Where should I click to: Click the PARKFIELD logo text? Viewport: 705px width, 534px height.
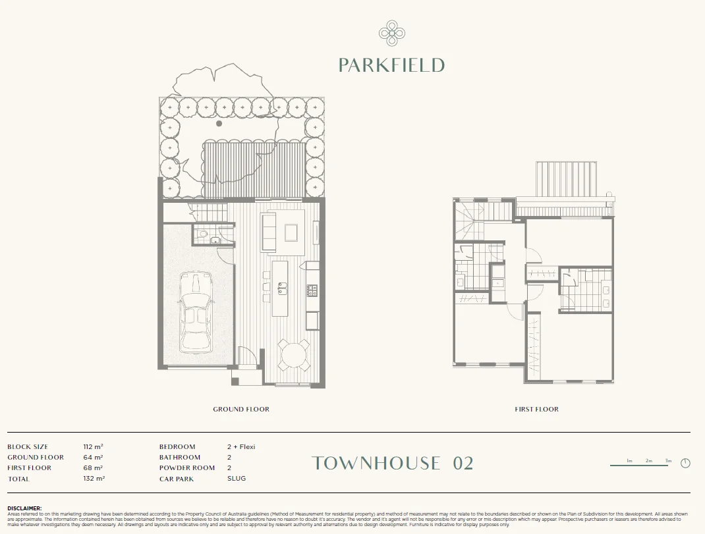point(391,65)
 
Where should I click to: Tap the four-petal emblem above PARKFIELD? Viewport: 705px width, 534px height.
point(391,33)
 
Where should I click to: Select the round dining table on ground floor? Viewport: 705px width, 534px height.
point(293,356)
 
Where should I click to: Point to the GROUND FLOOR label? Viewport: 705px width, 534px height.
point(241,410)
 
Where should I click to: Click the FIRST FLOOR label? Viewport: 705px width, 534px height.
point(536,410)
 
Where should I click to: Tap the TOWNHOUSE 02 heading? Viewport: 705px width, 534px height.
point(393,463)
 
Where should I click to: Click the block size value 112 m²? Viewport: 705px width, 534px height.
point(93,447)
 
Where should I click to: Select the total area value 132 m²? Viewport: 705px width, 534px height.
point(93,479)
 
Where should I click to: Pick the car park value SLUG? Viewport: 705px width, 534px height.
point(236,479)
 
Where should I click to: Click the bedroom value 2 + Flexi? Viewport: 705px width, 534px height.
point(240,447)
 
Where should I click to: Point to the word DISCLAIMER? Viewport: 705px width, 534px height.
point(24,508)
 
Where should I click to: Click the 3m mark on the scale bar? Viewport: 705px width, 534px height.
point(668,461)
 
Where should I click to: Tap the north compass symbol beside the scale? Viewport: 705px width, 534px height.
point(685,463)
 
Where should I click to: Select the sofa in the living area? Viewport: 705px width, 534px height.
point(269,232)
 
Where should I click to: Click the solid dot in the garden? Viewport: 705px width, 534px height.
point(219,123)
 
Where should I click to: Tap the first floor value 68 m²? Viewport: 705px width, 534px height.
point(93,468)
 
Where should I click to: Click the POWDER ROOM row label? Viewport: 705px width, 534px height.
point(186,468)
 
